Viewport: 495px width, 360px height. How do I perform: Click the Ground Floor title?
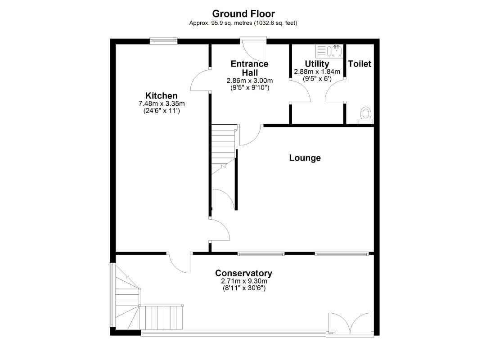(243, 13)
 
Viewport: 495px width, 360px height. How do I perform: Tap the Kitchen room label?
(161, 95)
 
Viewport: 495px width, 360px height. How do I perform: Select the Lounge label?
(305, 158)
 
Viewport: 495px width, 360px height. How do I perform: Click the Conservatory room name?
(244, 273)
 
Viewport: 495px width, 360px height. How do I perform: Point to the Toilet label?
(360, 64)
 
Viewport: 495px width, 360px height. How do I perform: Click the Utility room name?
(317, 64)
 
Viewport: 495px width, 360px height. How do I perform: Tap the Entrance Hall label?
(249, 68)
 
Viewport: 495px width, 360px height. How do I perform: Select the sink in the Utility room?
(329, 51)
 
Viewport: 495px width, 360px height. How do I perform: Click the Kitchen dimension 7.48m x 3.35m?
(162, 103)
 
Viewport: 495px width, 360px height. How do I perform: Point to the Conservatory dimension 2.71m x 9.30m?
(244, 281)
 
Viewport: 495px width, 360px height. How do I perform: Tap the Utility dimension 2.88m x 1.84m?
(317, 72)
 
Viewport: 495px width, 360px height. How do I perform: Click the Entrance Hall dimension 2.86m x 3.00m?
(250, 81)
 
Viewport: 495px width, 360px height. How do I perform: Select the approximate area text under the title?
(243, 23)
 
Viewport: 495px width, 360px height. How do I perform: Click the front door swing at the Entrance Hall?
(253, 50)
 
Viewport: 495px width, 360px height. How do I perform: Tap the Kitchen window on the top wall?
(163, 41)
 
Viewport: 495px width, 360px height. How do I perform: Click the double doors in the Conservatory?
(350, 324)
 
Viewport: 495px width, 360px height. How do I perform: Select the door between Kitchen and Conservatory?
(180, 262)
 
